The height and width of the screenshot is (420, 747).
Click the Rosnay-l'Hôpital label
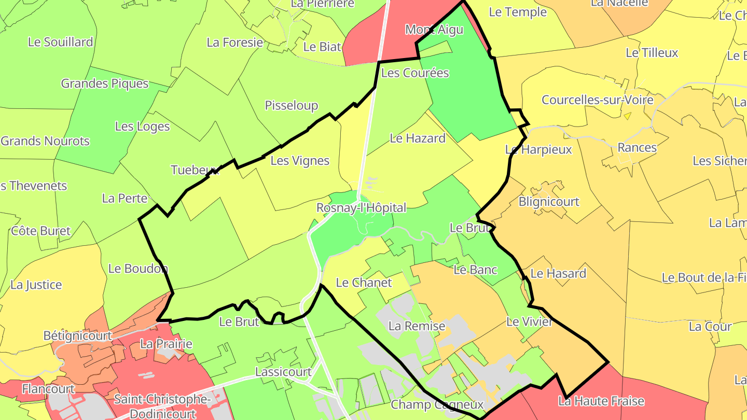pyautogui.click(x=362, y=208)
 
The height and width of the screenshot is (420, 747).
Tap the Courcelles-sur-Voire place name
pyautogui.click(x=597, y=100)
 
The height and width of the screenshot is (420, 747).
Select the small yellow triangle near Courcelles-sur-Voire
pyautogui.click(x=627, y=116)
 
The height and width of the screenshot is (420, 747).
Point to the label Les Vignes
pyautogui.click(x=300, y=161)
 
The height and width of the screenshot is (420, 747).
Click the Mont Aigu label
pyautogui.click(x=434, y=30)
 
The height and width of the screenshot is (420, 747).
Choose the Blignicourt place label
pyautogui.click(x=549, y=201)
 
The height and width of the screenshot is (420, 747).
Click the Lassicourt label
pyautogui.click(x=283, y=372)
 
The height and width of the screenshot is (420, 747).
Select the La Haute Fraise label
pyautogui.click(x=601, y=401)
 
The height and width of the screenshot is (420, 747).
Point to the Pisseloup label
pyautogui.click(x=292, y=106)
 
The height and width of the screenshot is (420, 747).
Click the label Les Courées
pyautogui.click(x=415, y=73)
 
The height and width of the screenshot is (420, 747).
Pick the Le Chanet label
pyautogui.click(x=364, y=283)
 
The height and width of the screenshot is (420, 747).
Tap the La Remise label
pyautogui.click(x=417, y=326)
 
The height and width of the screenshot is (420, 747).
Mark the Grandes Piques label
pyautogui.click(x=105, y=83)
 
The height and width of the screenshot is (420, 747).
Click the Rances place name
pyautogui.click(x=637, y=148)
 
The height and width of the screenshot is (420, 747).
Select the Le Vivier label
pyautogui.click(x=529, y=322)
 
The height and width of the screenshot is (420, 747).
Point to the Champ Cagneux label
pyautogui.click(x=437, y=404)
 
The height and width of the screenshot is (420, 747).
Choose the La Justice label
pyautogui.click(x=36, y=285)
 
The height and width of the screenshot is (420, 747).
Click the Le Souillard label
pyautogui.click(x=61, y=42)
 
